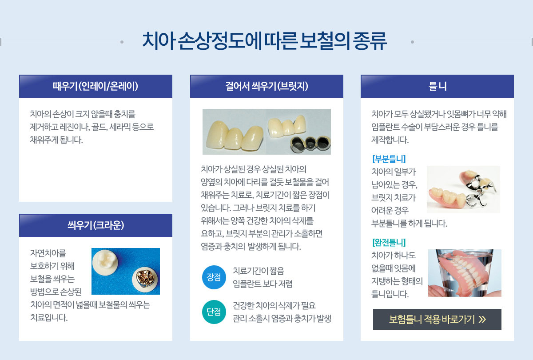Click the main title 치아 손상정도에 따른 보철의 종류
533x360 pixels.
pyautogui.click(x=264, y=41)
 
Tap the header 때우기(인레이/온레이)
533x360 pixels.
pyautogui.click(x=95, y=86)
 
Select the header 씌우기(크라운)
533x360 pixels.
pyautogui.click(x=95, y=225)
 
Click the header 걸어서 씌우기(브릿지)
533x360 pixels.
pyautogui.click(x=266, y=86)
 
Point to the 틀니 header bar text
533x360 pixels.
pyautogui.click(x=438, y=86)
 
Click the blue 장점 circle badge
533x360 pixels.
pyautogui.click(x=214, y=277)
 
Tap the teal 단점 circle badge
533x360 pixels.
pyautogui.click(x=214, y=312)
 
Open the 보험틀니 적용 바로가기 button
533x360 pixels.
pyautogui.click(x=437, y=319)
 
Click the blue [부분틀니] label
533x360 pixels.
pyautogui.click(x=389, y=159)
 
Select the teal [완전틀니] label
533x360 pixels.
pyautogui.click(x=389, y=242)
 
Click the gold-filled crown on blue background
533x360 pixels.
pyautogui.click(x=145, y=280)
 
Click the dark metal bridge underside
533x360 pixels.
pyautogui.click(x=310, y=144)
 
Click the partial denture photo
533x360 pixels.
pyautogui.click(x=463, y=189)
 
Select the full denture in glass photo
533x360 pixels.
pyautogui.click(x=465, y=273)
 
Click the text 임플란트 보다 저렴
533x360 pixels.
pyautogui.click(x=263, y=284)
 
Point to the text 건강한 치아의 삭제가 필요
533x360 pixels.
pyautogui.click(x=274, y=305)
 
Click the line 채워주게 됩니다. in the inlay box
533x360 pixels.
pyautogui.click(x=56, y=140)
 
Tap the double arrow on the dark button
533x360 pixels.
pyautogui.click(x=482, y=319)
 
